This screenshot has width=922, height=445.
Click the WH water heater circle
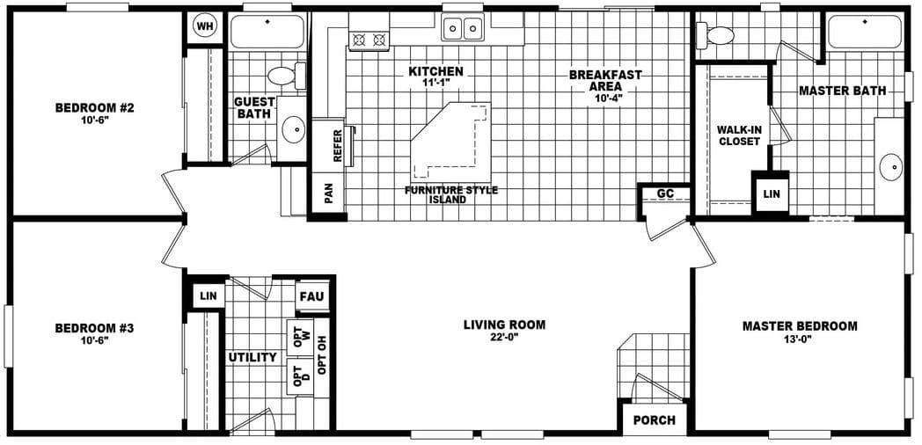(x=205, y=26)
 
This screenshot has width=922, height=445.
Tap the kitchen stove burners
(x=369, y=40)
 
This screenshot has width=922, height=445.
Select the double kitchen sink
(x=462, y=29)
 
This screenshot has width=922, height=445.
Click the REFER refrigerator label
(x=338, y=146)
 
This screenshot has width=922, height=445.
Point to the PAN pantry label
(x=329, y=193)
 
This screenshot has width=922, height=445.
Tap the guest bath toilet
(x=284, y=75)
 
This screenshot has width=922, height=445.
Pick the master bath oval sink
(x=890, y=166)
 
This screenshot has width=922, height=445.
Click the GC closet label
(x=664, y=194)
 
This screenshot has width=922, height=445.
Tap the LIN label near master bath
(x=771, y=193)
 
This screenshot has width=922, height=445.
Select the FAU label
(x=312, y=296)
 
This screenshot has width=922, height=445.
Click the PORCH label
(x=654, y=420)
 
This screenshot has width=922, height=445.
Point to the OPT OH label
(x=322, y=356)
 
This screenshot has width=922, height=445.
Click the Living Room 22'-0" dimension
(x=504, y=337)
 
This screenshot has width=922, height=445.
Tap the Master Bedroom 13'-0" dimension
(x=799, y=339)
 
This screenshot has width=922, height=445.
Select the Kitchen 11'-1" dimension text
(x=435, y=84)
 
